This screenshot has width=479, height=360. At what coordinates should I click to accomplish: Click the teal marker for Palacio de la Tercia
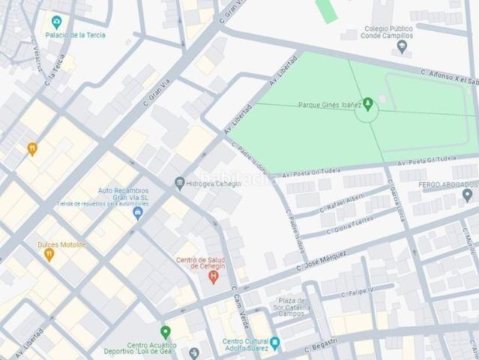(55, 22)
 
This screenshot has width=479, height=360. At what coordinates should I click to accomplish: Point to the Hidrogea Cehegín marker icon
(179, 183)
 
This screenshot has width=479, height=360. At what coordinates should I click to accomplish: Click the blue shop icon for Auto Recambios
(137, 213)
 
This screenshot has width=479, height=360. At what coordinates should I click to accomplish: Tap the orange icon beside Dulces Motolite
(49, 254)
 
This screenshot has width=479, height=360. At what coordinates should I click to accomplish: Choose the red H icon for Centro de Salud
(213, 277)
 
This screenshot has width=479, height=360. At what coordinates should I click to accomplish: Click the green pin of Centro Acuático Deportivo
(165, 331)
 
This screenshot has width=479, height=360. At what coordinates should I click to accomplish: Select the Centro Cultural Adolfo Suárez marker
(274, 343)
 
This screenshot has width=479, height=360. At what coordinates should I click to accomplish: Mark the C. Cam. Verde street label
(241, 304)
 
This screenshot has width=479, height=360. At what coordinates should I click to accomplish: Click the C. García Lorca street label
(396, 199)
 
